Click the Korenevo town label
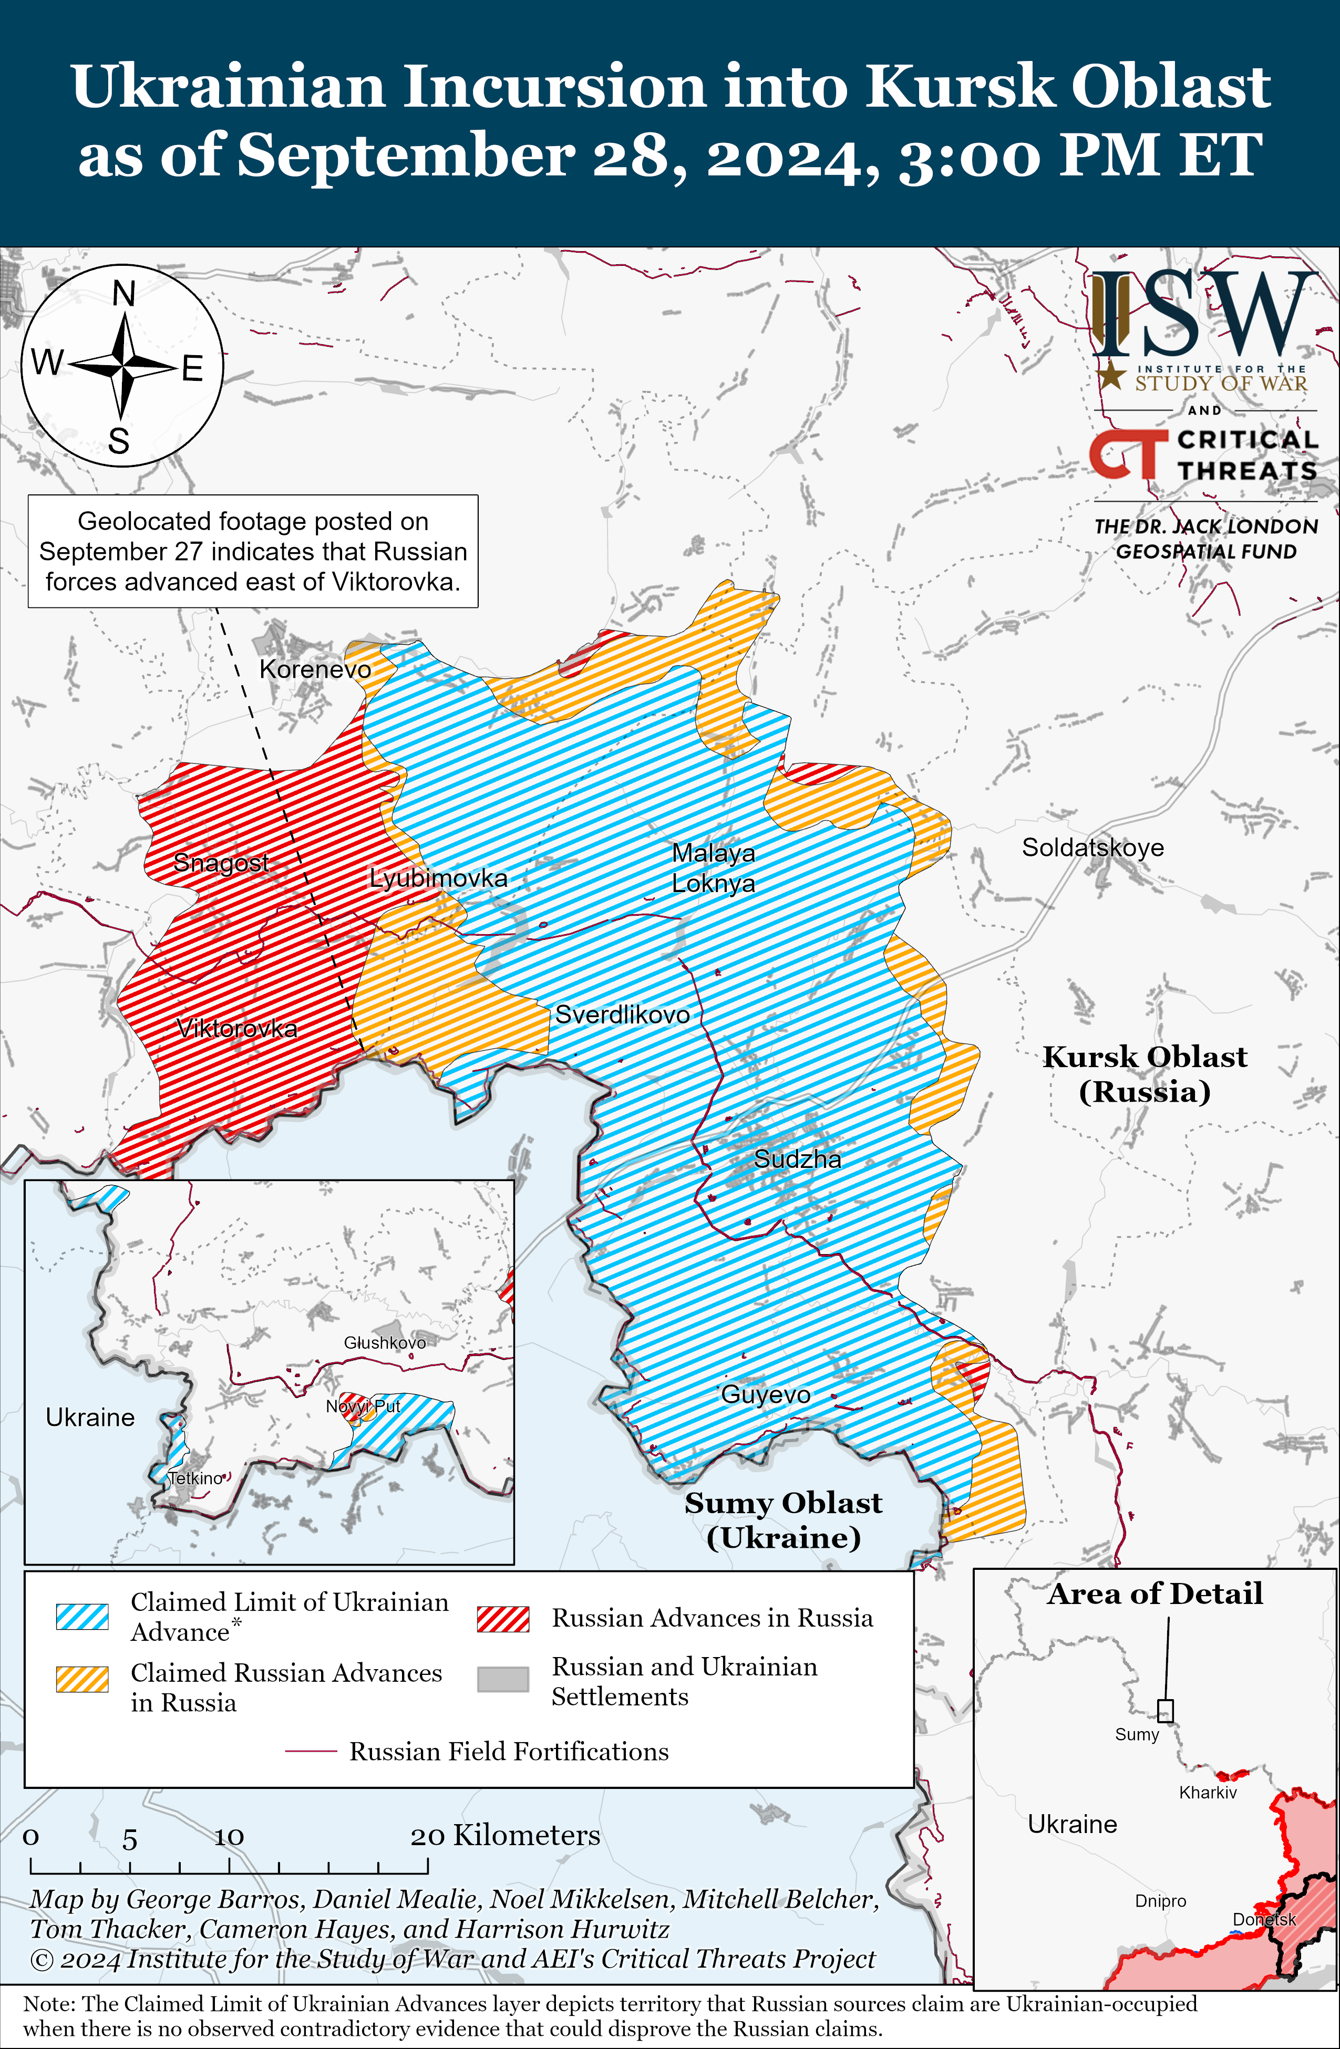[315, 669]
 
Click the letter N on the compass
[124, 294]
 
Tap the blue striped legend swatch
[83, 1617]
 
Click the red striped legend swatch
[503, 1619]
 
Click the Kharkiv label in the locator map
[1208, 1793]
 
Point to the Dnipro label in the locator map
[1160, 1901]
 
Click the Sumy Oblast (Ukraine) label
[783, 1519]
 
